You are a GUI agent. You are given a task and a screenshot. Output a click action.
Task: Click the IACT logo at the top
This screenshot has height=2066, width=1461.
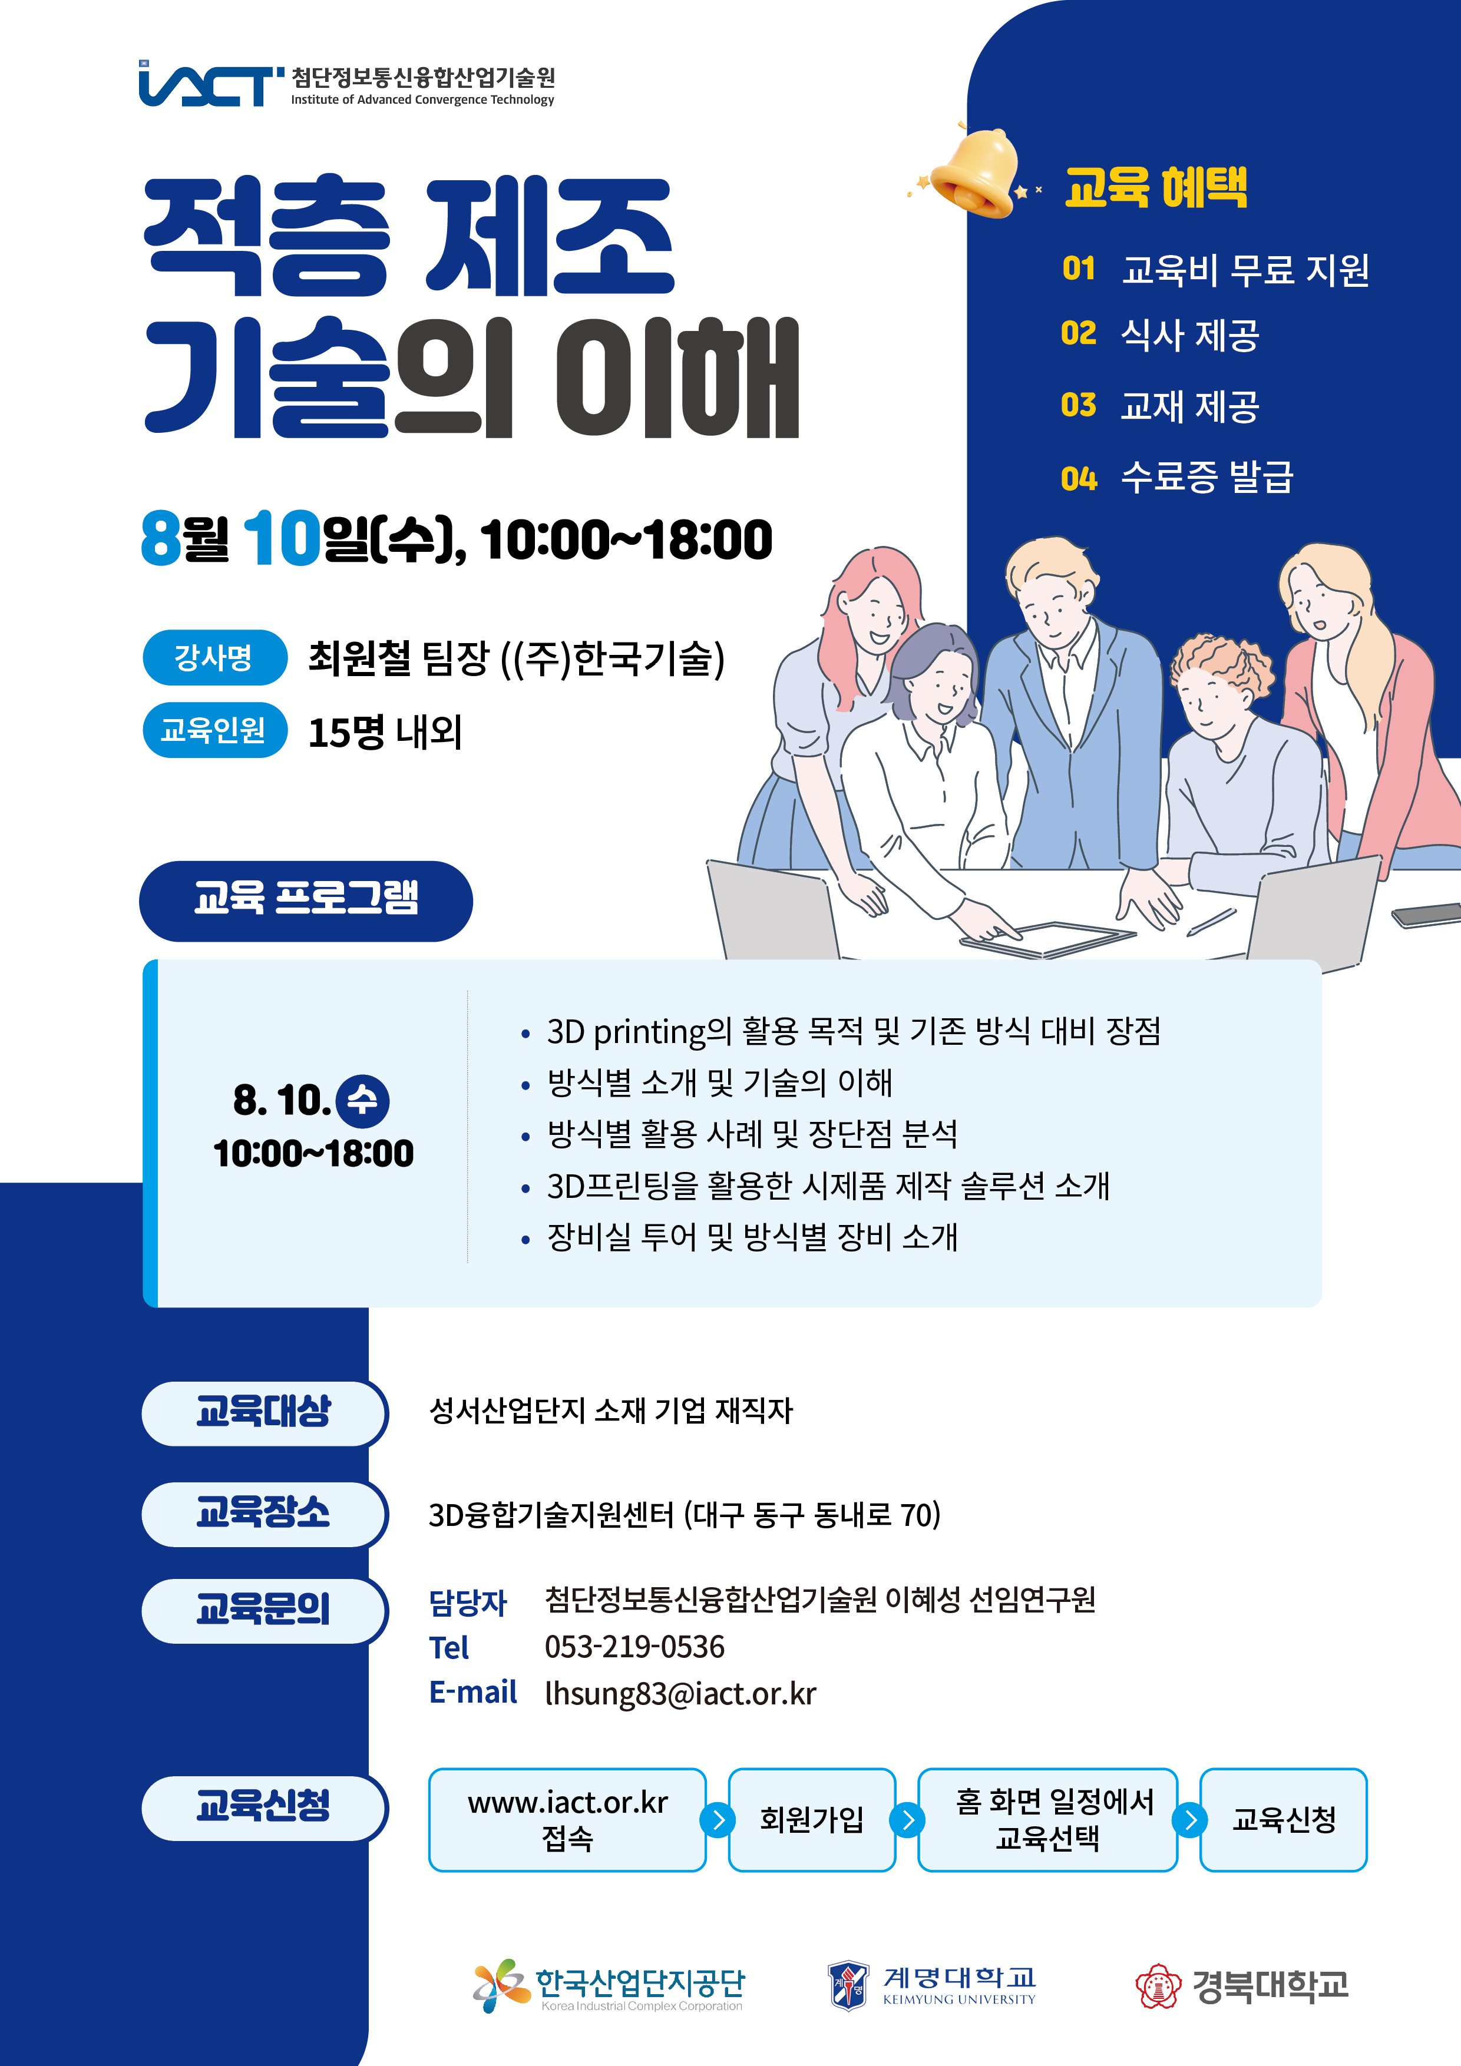tap(346, 84)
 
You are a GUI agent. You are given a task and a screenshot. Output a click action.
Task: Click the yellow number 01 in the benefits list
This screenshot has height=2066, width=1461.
tap(1079, 268)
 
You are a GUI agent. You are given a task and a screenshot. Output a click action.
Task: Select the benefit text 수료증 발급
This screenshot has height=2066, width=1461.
tap(1207, 476)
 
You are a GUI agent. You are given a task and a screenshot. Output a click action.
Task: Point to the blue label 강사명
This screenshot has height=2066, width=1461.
tap(214, 657)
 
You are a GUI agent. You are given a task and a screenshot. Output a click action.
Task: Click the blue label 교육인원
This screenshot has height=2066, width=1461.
tap(214, 729)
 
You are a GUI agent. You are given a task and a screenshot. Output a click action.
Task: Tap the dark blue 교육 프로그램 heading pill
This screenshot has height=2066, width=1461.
tap(306, 900)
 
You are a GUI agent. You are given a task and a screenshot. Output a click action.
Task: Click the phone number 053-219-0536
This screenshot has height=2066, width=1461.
tap(634, 1647)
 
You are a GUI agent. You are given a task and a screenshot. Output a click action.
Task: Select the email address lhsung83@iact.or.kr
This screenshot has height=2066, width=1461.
tap(680, 1693)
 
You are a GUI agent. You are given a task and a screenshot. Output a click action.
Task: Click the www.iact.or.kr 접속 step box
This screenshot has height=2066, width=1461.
tap(567, 1819)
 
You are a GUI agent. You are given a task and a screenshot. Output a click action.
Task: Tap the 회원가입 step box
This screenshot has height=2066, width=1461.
tap(812, 1819)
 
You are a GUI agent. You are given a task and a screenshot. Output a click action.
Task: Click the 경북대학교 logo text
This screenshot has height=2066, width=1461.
tap(1270, 1986)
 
